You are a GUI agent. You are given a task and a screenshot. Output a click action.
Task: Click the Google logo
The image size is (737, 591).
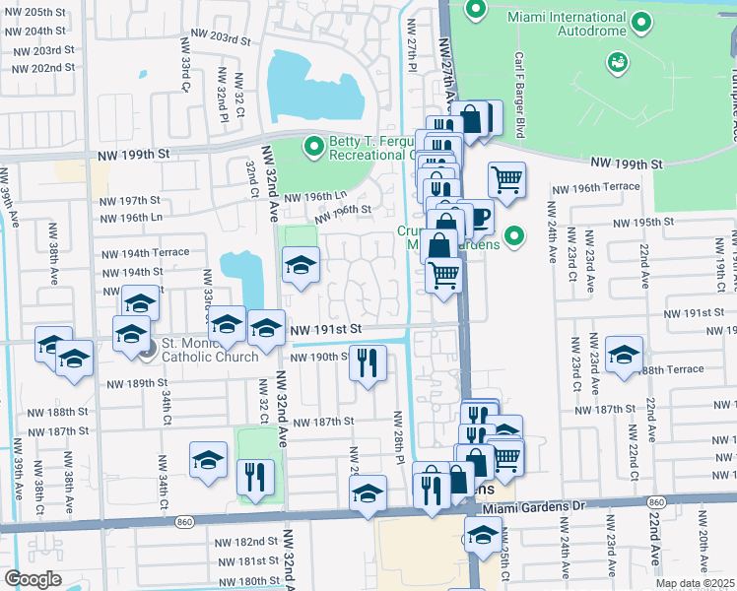33,579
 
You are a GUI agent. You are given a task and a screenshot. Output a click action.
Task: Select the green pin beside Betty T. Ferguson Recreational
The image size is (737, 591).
313,147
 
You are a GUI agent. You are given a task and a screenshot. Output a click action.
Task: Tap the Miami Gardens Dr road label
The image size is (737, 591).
533,505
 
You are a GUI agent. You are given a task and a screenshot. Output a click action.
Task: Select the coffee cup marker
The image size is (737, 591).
477,216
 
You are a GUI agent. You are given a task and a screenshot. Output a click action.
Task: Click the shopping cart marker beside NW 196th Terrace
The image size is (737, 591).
506,179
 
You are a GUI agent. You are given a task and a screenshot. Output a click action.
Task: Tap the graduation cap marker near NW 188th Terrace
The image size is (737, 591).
625,355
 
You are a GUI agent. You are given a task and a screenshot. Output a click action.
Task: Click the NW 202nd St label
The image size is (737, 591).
39,68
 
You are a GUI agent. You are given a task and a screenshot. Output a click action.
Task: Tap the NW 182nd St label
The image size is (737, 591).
248,542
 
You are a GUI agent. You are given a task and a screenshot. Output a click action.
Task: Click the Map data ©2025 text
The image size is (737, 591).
695,583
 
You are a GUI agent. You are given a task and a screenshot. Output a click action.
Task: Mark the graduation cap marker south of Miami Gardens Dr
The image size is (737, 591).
483,536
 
